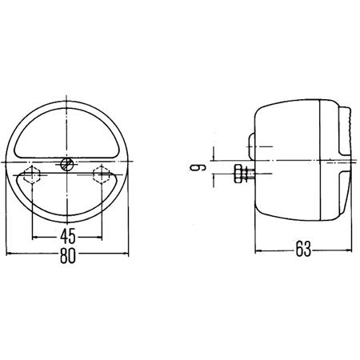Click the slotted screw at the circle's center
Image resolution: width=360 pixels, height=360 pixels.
[x=66, y=166]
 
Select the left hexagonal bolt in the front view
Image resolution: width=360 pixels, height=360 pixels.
[x=33, y=177]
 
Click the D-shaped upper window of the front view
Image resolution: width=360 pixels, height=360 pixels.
[x=66, y=132]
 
